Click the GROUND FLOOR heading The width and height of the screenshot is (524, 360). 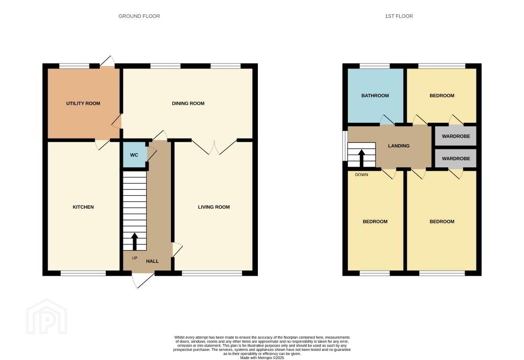click(139, 16)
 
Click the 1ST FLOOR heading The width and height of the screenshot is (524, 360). click(399, 16)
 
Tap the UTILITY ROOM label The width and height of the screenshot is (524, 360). click(83, 103)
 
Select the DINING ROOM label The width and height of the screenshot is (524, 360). click(188, 103)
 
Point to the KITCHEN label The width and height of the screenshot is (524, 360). click(83, 207)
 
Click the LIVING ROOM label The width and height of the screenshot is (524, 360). click(214, 207)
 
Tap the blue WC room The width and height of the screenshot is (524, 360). click(135, 155)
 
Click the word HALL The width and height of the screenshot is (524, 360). click(152, 261)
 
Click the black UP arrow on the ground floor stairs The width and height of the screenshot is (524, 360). click(135, 241)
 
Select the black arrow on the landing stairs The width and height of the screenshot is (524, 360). click(361, 159)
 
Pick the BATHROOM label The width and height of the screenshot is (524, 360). click(375, 96)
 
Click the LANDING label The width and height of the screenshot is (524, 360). click(399, 146)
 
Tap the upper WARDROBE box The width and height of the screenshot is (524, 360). click(456, 136)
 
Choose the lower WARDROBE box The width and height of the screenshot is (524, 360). click(456, 159)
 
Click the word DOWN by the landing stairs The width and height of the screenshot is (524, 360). click(362, 175)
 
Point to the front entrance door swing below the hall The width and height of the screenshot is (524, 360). click(144, 281)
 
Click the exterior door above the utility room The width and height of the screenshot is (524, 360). click(107, 61)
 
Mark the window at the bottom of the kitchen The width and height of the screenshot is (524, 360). click(83, 273)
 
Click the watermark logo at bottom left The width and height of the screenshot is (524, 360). click(47, 317)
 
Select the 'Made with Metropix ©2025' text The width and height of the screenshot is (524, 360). click(262, 357)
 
